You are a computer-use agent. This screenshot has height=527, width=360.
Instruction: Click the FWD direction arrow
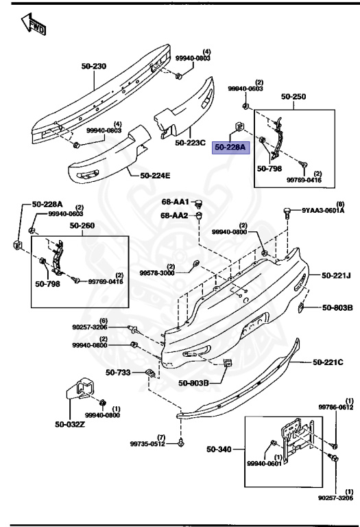[x=33, y=27]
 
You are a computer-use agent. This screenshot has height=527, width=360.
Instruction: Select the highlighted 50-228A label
[x=230, y=147]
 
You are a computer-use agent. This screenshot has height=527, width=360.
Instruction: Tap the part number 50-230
[x=94, y=67]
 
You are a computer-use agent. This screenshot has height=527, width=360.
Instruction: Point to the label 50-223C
[x=190, y=143]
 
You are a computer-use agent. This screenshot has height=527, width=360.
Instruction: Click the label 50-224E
[x=155, y=176]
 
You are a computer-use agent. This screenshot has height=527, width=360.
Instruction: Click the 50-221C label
[x=328, y=362]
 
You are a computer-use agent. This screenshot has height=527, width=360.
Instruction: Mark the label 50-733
[x=117, y=373]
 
